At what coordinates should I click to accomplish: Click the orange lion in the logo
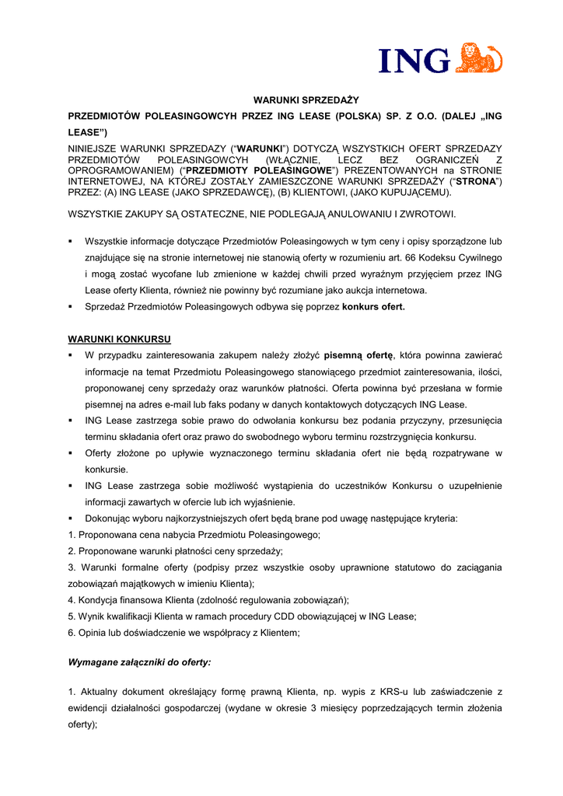[481, 58]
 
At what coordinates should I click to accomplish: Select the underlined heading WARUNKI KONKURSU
[120, 339]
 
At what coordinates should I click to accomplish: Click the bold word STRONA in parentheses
[475, 181]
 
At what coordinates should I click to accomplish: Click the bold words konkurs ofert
[373, 306]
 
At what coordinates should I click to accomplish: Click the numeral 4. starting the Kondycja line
[72, 600]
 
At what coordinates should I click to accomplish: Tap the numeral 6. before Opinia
[72, 633]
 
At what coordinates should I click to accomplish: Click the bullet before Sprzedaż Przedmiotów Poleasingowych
[71, 306]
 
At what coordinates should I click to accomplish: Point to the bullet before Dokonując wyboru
[71, 518]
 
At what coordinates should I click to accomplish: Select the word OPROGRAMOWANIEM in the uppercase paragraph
[121, 170]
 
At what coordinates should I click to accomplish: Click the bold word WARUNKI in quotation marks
[261, 148]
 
